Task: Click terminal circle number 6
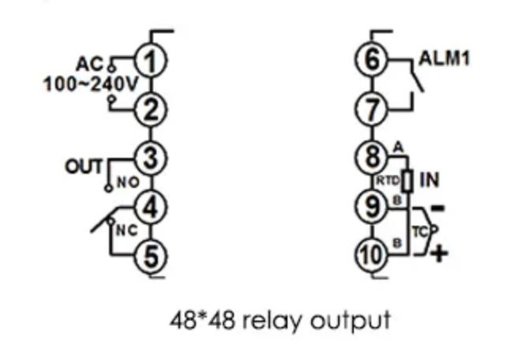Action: [374, 60]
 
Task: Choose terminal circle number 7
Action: [374, 109]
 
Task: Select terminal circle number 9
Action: [374, 206]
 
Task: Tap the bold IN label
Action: [429, 180]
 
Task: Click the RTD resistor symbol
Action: [408, 181]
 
